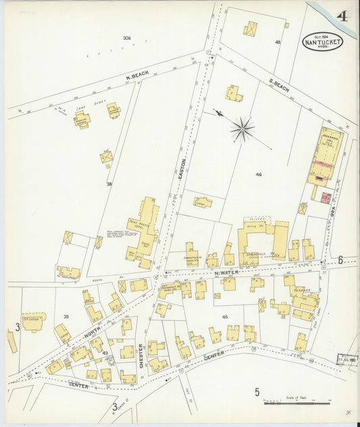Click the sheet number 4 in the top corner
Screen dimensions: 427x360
342,16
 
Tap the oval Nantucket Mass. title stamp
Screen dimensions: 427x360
322,41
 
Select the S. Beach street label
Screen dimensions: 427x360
279,87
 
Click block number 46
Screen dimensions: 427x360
258,174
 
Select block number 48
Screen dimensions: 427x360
277,42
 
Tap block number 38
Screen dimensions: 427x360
108,184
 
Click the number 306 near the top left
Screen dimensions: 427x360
126,37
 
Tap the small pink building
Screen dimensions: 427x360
326,197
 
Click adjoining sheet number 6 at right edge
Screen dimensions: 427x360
340,259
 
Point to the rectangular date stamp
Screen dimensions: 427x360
346,359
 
